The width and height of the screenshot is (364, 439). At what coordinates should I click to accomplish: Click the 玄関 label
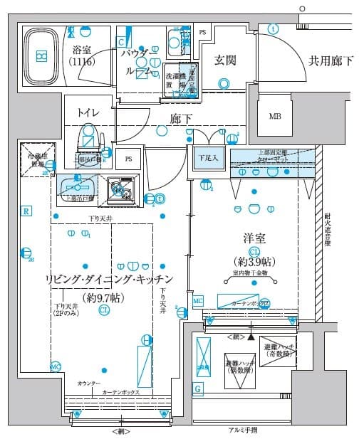pyautogui.click(x=226, y=60)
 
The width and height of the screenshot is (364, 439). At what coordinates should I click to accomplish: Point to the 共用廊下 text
pyautogui.click(x=330, y=60)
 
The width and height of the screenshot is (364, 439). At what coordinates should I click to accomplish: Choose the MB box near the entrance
pyautogui.click(x=275, y=117)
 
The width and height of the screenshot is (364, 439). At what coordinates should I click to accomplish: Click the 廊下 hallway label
pyautogui.click(x=181, y=119)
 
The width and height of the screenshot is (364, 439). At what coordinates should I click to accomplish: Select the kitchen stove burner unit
pyautogui.click(x=122, y=190)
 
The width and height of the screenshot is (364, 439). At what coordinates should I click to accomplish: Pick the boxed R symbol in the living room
pyautogui.click(x=26, y=211)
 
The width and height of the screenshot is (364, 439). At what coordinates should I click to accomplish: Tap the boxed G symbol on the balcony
pyautogui.click(x=197, y=388)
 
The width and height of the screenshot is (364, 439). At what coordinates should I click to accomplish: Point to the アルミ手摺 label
pyautogui.click(x=243, y=430)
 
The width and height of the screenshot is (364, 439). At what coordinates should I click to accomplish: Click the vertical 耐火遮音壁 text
pyautogui.click(x=328, y=231)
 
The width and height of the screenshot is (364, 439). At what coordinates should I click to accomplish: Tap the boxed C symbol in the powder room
pyautogui.click(x=122, y=42)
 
